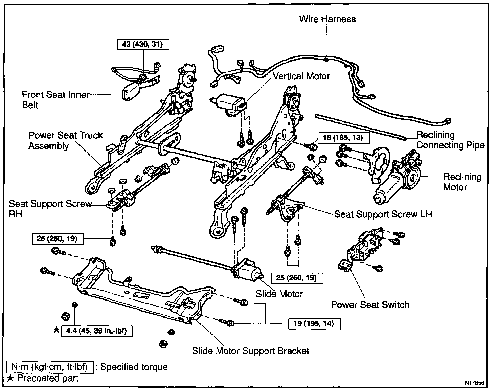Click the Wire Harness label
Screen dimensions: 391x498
327,19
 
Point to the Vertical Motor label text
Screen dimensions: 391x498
301,76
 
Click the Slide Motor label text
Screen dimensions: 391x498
279,294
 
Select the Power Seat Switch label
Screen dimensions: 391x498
370,305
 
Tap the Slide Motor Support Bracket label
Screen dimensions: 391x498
251,351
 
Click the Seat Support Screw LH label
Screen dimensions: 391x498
383,214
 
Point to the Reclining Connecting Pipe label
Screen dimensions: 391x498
450,140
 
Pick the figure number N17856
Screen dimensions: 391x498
474,383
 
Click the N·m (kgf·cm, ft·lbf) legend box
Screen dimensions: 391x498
49,367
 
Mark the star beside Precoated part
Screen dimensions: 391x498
11,378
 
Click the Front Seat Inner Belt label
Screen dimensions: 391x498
55,99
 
